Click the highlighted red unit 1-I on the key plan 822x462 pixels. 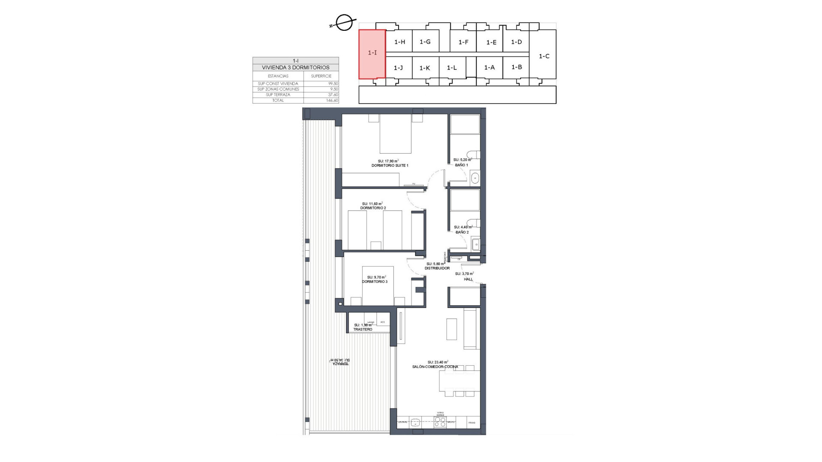coord(372,53)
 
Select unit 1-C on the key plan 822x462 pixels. coord(544,56)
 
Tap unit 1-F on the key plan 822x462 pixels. coord(463,42)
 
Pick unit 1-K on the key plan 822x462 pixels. coord(424,68)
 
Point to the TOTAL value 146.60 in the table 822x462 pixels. coord(332,101)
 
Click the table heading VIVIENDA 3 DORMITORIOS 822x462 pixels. coord(295,68)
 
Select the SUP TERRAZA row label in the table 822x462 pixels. coord(278,95)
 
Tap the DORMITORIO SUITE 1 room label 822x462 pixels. coord(390,166)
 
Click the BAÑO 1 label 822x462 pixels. coord(462,165)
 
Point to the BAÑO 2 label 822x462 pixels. coord(462,232)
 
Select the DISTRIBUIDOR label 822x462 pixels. coord(437,268)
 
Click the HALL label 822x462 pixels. coord(468,279)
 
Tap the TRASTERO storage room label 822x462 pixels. coord(363,329)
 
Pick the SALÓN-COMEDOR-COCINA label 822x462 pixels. coord(435,367)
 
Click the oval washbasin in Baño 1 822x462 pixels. coord(475,178)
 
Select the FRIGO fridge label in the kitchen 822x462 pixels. coord(472,423)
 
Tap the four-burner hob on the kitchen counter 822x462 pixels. coord(440,422)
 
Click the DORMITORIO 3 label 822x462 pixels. coord(375,282)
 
